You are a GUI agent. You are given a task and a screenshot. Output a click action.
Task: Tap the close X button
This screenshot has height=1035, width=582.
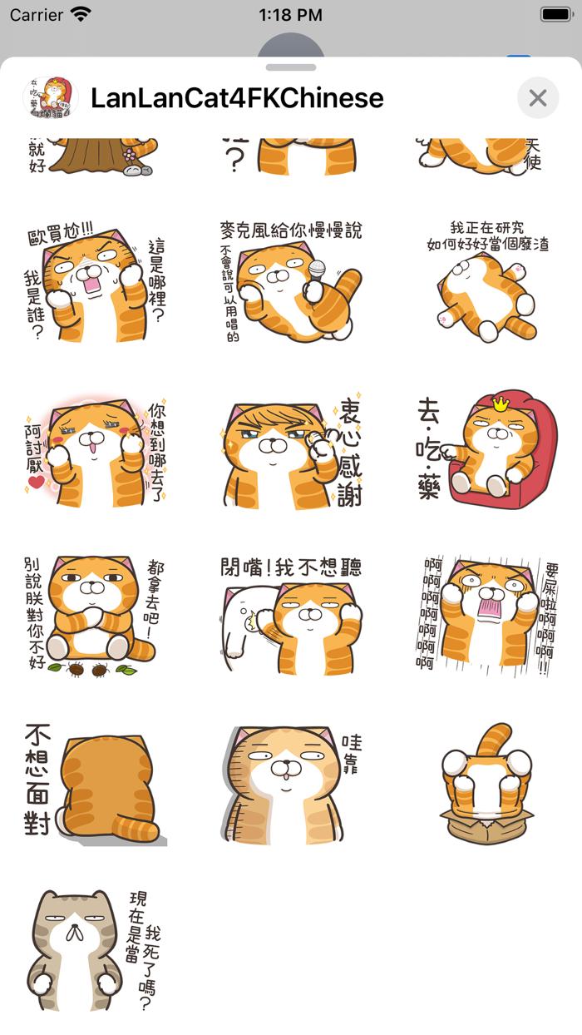pyautogui.click(x=538, y=98)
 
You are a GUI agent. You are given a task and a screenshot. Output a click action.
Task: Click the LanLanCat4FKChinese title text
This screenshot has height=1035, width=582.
pyautogui.click(x=237, y=98)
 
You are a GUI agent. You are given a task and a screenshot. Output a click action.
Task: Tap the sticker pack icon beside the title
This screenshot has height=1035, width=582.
pyautogui.click(x=49, y=97)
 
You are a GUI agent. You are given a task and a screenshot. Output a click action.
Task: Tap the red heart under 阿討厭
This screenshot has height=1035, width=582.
pyautogui.click(x=36, y=482)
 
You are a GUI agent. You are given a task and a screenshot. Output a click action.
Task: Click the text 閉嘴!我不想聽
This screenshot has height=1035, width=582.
pyautogui.click(x=291, y=567)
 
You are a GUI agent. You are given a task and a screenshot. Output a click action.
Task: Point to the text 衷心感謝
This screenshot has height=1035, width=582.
pyautogui.click(x=349, y=453)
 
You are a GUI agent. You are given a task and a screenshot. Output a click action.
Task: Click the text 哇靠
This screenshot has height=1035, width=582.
pyautogui.click(x=352, y=754)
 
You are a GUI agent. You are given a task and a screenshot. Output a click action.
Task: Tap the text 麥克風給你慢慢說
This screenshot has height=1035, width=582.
pyautogui.click(x=291, y=230)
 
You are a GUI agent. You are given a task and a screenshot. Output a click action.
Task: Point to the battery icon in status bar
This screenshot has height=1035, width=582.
pyautogui.click(x=555, y=14)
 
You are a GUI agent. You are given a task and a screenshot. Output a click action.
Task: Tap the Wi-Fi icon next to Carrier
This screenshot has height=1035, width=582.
pyautogui.click(x=81, y=14)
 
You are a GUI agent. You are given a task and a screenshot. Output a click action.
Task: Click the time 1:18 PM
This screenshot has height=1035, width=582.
pyautogui.click(x=291, y=14)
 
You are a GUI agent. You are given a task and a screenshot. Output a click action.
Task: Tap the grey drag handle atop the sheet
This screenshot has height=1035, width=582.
pyautogui.click(x=291, y=67)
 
